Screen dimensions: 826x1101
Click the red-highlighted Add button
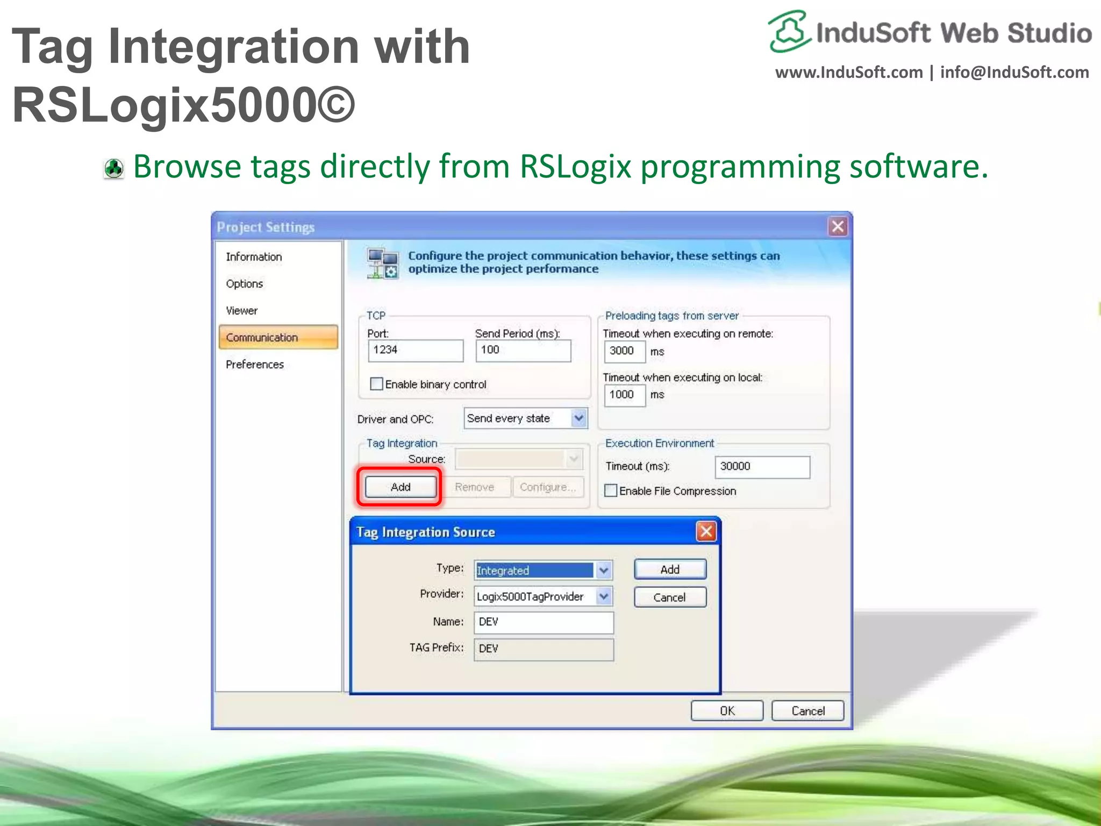(x=401, y=487)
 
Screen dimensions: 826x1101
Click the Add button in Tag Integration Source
(x=670, y=569)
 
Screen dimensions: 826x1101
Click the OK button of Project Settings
(x=727, y=711)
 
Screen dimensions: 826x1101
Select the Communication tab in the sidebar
(x=278, y=338)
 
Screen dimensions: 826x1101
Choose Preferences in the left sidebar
(x=255, y=365)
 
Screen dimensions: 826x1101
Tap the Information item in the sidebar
(x=254, y=257)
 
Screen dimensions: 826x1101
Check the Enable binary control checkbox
(x=377, y=384)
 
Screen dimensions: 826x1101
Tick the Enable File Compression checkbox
(x=611, y=490)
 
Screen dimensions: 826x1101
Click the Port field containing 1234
(x=415, y=350)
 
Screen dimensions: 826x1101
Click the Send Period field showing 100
(x=523, y=350)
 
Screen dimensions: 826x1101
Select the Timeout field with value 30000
(x=762, y=467)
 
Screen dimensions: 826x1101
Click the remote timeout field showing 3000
(x=624, y=351)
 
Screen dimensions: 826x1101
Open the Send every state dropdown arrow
(x=578, y=418)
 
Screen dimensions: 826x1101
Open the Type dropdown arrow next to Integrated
(x=604, y=570)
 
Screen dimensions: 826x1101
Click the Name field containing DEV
(x=543, y=622)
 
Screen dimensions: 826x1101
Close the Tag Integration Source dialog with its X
(x=706, y=532)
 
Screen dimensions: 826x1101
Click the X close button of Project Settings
(x=837, y=227)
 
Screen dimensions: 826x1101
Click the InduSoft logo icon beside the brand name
(x=789, y=31)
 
